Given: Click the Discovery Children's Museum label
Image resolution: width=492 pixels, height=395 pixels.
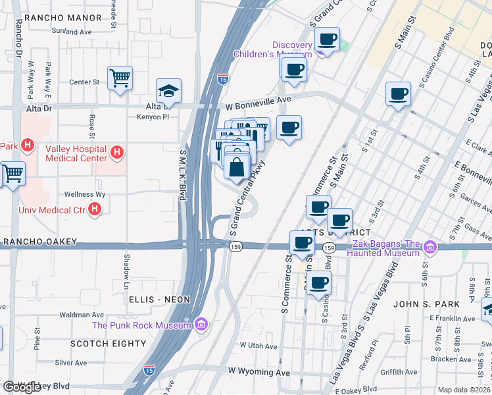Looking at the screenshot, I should [x=273, y=49].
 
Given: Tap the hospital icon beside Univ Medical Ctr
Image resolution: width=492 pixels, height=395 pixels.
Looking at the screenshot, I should [x=95, y=210].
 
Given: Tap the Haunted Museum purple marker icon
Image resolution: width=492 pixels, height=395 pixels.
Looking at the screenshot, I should [x=431, y=248].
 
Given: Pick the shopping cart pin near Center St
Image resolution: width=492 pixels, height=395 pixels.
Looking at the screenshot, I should [x=120, y=78].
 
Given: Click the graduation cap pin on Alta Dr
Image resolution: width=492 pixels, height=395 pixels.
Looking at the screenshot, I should [x=168, y=92].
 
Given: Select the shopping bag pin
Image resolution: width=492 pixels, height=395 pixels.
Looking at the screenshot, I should [x=237, y=167].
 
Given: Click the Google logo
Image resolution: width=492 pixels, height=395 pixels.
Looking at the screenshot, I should [x=22, y=387].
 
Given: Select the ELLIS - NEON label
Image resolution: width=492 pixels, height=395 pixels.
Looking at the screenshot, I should [x=159, y=300].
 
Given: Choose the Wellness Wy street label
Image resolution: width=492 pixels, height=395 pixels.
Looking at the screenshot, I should [x=85, y=195].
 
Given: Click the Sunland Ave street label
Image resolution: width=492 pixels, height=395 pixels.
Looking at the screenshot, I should [x=72, y=31].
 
